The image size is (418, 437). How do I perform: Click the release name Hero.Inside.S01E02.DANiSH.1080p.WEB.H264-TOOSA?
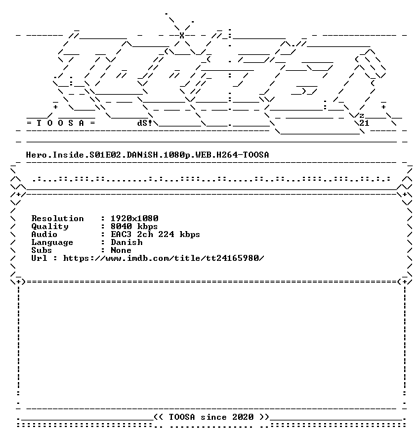147,155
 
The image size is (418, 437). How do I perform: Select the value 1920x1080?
134,218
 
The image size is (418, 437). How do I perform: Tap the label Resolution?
58,218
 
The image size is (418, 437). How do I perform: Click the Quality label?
50,226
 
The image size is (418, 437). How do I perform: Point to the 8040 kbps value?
134,226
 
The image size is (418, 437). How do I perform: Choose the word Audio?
44,234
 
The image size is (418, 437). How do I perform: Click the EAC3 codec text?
121,234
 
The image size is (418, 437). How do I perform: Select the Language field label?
52,242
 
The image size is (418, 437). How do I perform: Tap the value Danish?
127,242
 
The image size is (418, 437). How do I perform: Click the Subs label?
42,250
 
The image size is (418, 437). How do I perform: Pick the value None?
121,250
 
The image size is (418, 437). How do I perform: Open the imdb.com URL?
163,258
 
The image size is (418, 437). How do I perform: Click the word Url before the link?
39,258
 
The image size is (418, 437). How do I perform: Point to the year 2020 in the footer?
243,417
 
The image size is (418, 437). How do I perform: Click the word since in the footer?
214,417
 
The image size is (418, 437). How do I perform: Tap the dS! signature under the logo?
145,123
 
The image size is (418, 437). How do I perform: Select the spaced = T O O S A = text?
61,123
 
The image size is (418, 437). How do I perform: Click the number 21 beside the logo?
364,123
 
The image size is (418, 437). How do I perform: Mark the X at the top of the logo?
182,35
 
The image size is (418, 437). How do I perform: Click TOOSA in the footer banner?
182,417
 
